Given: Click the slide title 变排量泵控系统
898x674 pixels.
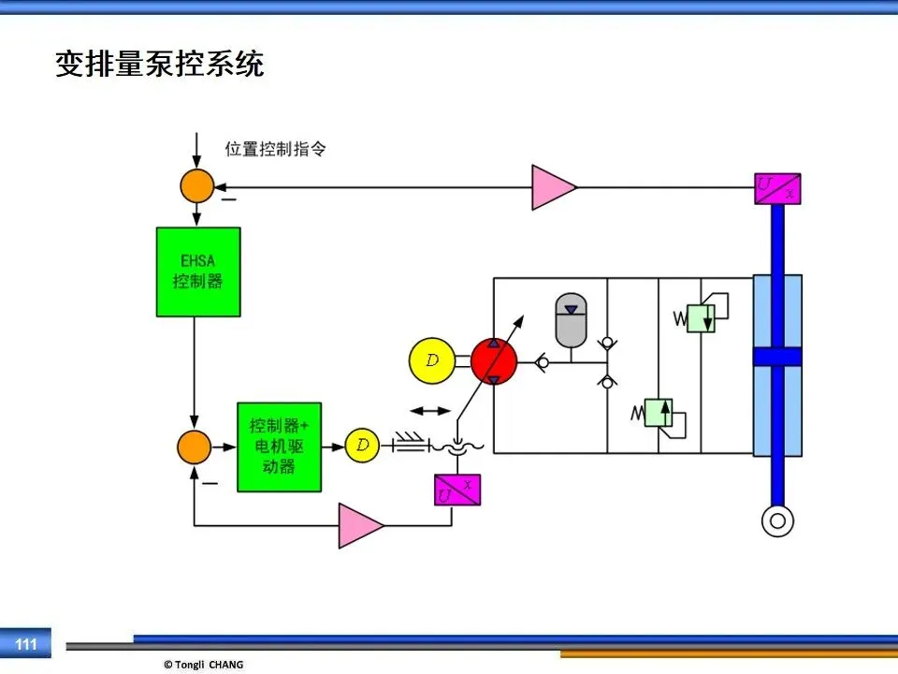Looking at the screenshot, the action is tap(159, 64).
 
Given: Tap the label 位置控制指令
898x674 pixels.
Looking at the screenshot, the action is tap(275, 149).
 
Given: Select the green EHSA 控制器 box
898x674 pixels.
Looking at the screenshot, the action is tap(198, 271).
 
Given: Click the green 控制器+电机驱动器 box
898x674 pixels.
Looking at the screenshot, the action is tap(279, 447).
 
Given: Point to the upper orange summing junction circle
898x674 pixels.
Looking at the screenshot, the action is tap(197, 185).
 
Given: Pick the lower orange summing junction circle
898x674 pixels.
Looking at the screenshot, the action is tap(195, 447).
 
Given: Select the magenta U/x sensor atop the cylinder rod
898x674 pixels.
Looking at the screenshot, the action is tap(777, 188).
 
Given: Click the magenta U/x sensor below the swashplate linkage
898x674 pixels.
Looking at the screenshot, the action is tap(457, 490).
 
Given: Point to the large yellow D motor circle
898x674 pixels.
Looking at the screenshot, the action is tap(432, 360).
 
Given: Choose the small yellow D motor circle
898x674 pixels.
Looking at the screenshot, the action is tap(362, 446).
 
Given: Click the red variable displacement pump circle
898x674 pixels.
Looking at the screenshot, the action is tap(494, 361).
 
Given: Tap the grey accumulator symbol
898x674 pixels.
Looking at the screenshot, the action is tap(571, 320).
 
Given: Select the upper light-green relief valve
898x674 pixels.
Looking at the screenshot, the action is tap(701, 318).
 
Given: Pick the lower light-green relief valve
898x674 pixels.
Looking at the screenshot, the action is tap(659, 413).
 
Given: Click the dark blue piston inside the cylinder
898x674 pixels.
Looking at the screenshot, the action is tap(777, 357).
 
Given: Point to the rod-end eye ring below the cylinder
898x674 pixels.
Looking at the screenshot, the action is tap(777, 521).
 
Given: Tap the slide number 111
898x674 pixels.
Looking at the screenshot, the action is tap(26, 644).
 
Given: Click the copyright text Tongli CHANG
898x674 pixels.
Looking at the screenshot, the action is tap(209, 665).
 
